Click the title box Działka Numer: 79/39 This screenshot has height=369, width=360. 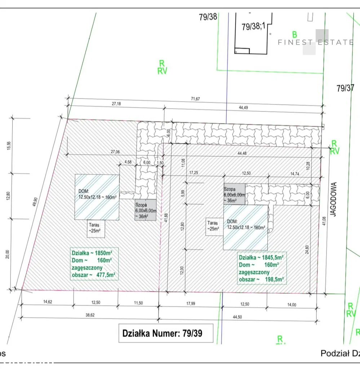pos(166,333)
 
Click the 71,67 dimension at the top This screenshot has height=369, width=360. pos(195,99)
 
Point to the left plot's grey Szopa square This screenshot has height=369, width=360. pos(146,210)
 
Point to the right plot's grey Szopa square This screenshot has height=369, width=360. pos(234,194)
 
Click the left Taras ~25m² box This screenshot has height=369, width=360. pos(96,228)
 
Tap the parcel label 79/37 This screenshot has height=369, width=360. pos(345,88)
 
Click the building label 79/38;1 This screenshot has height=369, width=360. pos(253,26)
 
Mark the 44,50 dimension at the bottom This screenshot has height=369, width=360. pos(237,317)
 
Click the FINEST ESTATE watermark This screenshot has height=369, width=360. pos(316,42)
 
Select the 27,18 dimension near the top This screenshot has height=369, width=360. pos(116,103)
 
